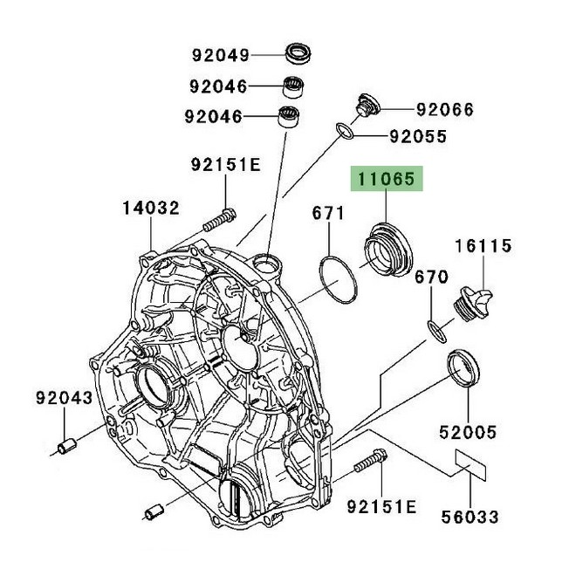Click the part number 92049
pyautogui.click(x=221, y=55)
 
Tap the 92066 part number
pyautogui.click(x=444, y=109)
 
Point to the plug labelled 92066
pyautogui.click(x=365, y=106)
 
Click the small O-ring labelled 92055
pyautogui.click(x=346, y=132)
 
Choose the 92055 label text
pyautogui.click(x=418, y=136)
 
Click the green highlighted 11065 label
pyautogui.click(x=387, y=181)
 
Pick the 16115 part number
pyautogui.click(x=481, y=247)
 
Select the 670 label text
pyautogui.click(x=431, y=277)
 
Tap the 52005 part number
pyautogui.click(x=468, y=431)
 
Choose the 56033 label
pyautogui.click(x=470, y=517)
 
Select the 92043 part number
pyautogui.click(x=64, y=398)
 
